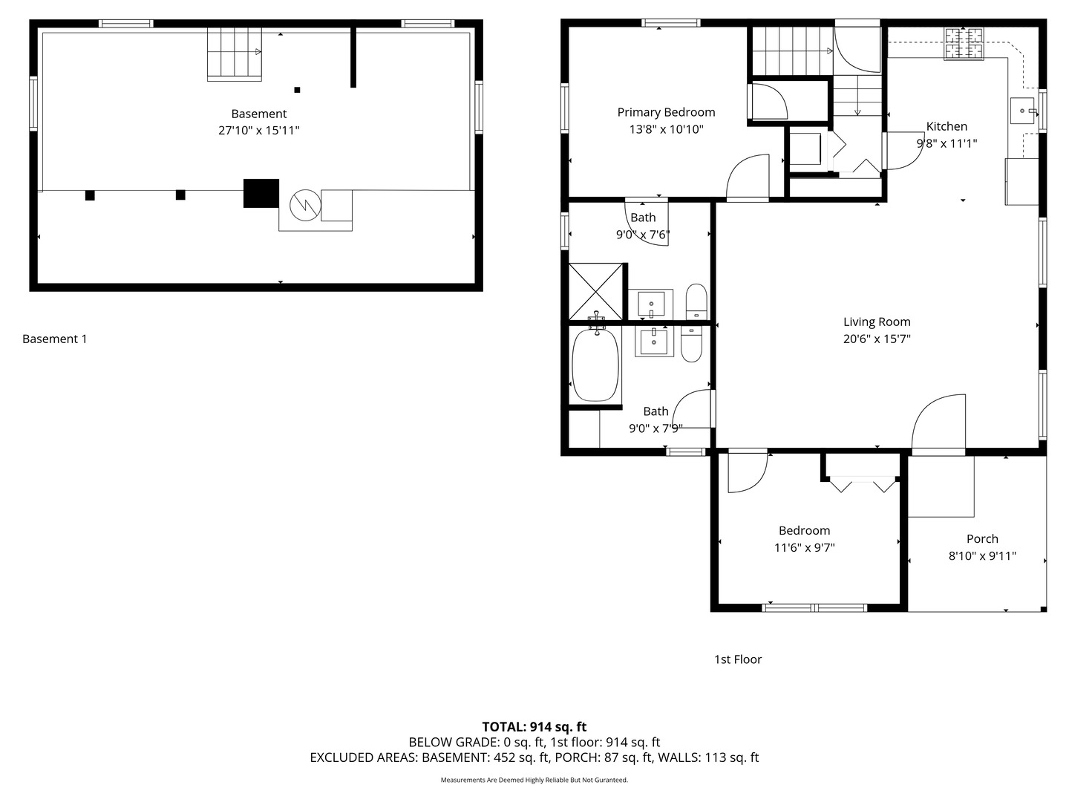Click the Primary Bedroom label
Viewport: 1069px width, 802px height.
point(666,112)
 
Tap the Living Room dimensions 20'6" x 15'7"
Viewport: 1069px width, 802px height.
point(876,339)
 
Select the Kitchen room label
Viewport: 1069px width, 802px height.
point(947,126)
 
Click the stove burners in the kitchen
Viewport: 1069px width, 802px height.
point(964,43)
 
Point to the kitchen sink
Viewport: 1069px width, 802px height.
point(1023,111)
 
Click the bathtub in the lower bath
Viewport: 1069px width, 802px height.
point(595,365)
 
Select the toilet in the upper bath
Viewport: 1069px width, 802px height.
point(696,301)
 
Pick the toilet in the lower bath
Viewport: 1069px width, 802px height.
point(691,345)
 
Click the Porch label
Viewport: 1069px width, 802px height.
point(981,539)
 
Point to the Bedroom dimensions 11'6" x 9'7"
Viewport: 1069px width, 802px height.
point(804,548)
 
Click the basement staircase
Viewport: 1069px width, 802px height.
point(234,53)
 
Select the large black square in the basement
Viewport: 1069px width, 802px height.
point(261,193)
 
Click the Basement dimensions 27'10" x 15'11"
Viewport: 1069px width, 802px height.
point(258,131)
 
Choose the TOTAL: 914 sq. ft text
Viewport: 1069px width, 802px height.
point(534,727)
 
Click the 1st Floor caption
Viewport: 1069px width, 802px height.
point(737,659)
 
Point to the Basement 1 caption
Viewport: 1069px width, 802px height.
point(54,339)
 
